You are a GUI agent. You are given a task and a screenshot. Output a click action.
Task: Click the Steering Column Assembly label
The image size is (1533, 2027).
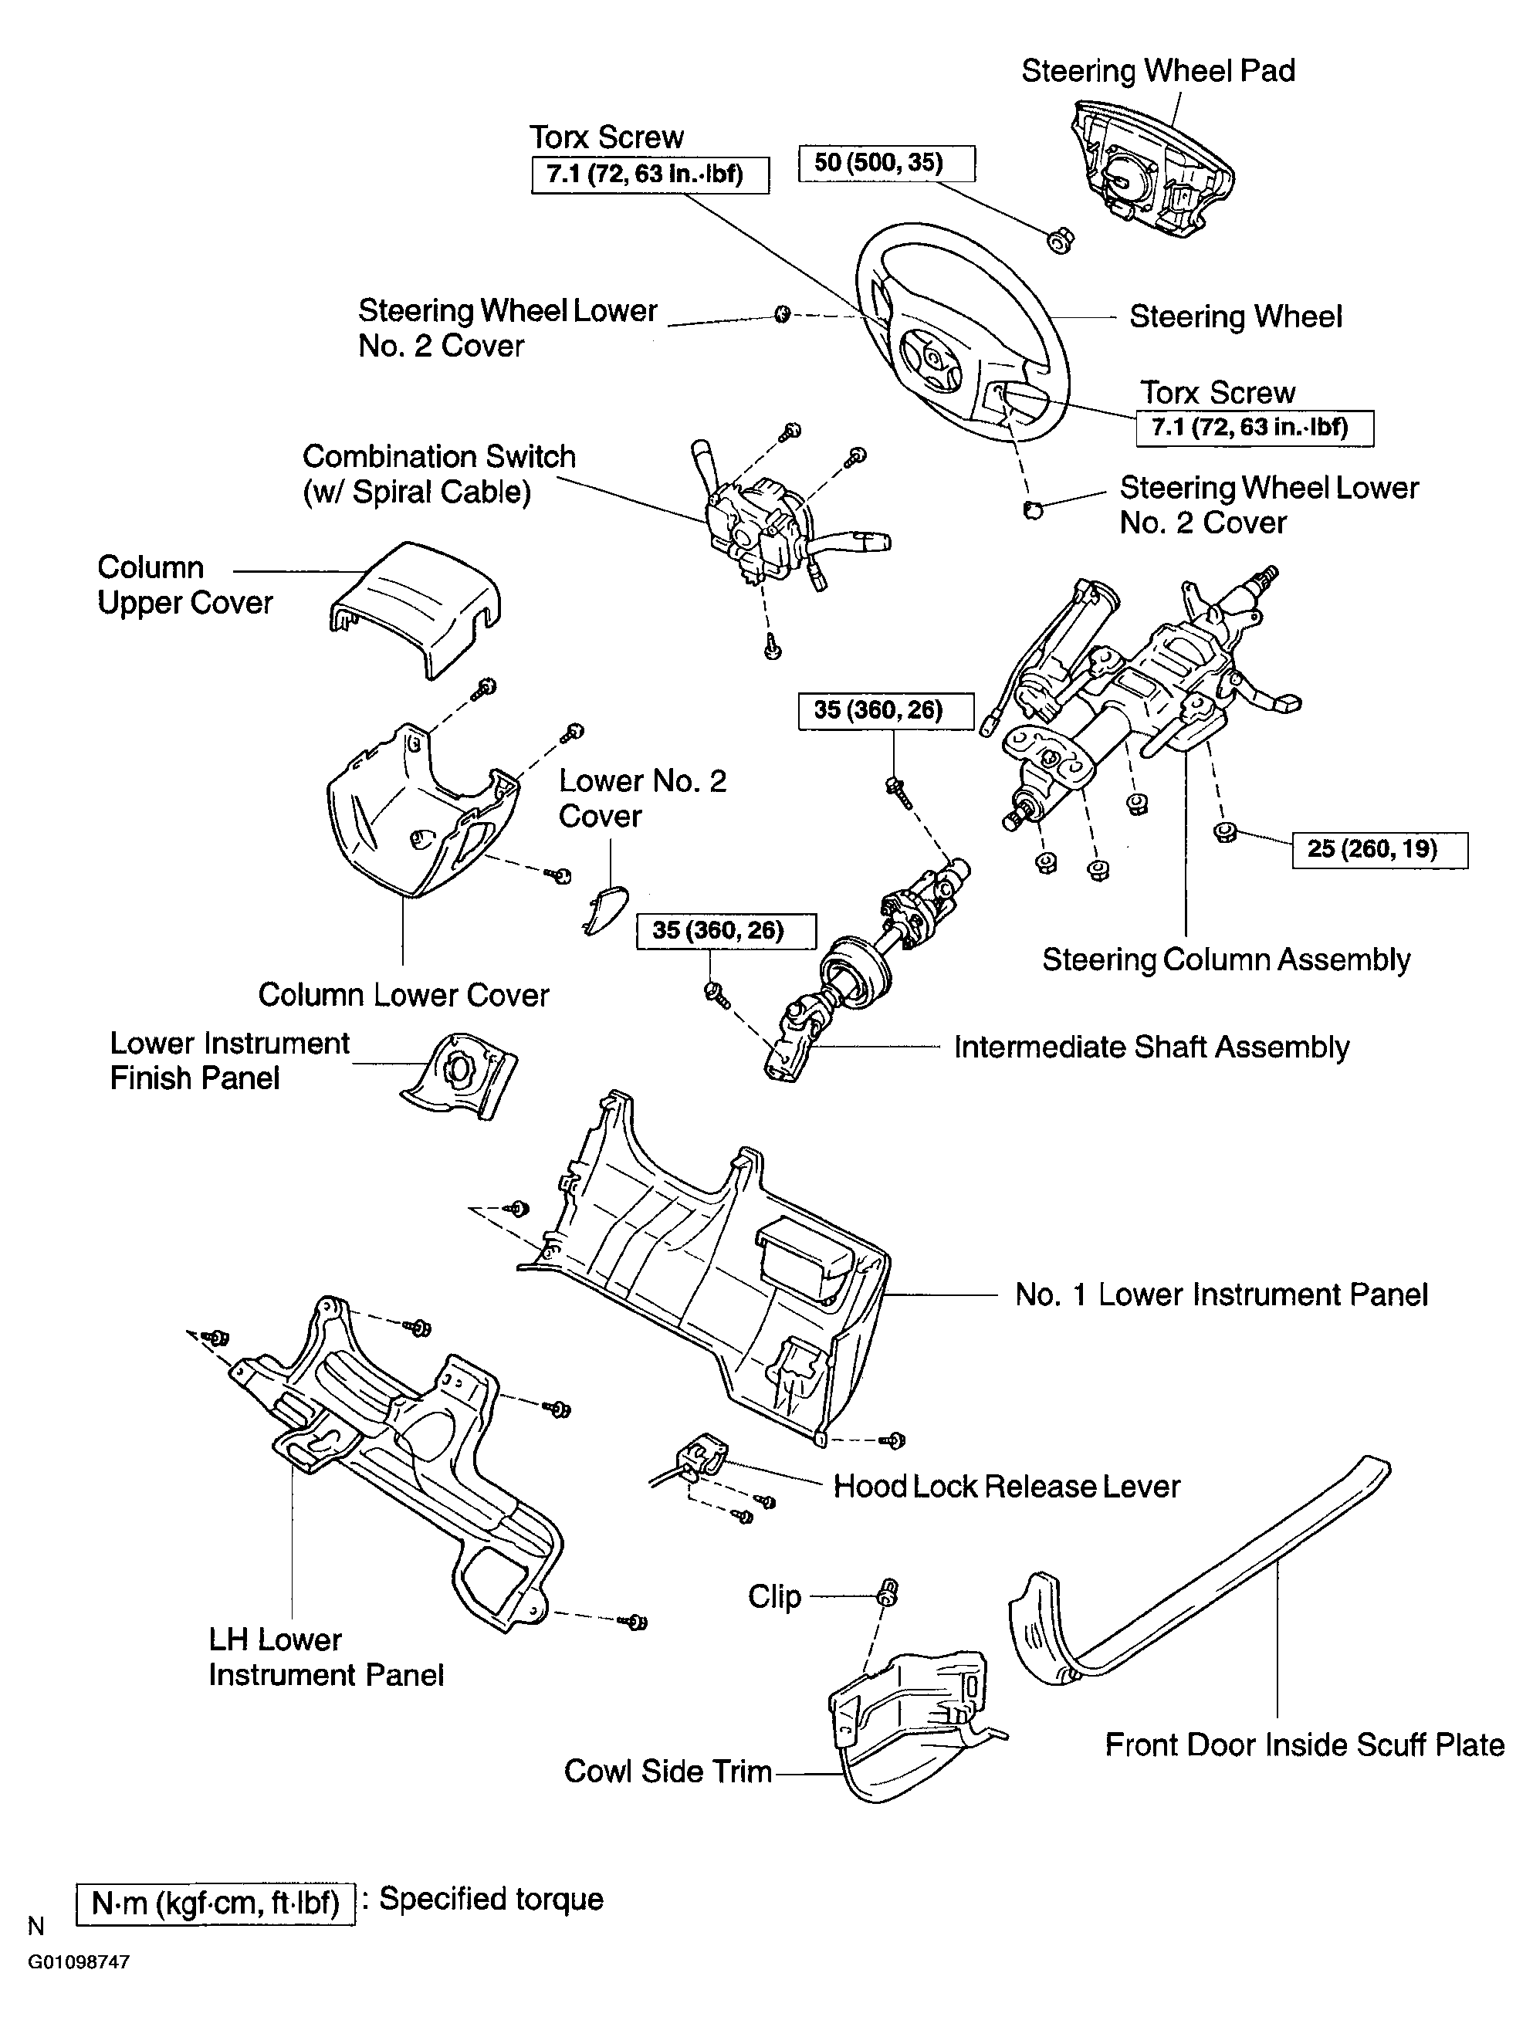[1226, 959]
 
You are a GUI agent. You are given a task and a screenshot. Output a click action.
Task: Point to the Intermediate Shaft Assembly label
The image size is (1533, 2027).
[1152, 1047]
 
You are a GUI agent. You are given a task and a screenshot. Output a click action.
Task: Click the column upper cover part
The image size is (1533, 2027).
[415, 607]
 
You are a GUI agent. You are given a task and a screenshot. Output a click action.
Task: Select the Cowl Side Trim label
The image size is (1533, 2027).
[668, 1772]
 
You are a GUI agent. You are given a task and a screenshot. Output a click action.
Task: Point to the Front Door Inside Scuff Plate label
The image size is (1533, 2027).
[1305, 1744]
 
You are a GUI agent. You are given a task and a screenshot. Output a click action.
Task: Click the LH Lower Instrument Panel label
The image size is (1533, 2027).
[325, 1656]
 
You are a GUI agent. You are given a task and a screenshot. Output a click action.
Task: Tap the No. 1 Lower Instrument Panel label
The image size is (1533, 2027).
[1221, 1294]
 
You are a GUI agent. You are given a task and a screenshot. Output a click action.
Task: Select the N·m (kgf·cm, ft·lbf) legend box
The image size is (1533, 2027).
[215, 1903]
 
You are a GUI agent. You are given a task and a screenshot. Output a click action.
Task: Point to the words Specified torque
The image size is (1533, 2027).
[491, 1899]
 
